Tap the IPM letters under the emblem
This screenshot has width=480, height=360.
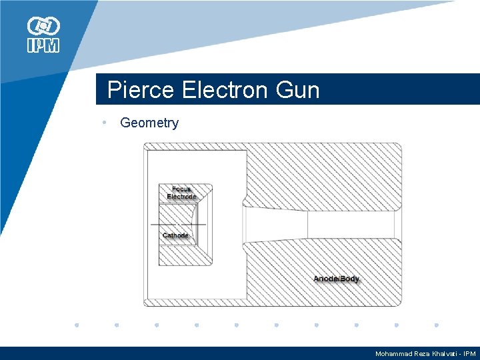click(x=43, y=45)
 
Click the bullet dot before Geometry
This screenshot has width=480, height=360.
click(x=105, y=123)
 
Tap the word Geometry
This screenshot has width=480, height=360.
click(x=149, y=123)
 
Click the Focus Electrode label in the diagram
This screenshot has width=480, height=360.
click(x=181, y=193)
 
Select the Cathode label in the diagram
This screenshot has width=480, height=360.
click(x=176, y=235)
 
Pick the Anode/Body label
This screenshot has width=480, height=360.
click(x=337, y=279)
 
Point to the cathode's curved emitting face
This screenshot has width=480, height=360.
click(x=195, y=225)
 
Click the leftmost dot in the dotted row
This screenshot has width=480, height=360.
click(x=77, y=326)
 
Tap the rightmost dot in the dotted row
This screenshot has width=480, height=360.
click(x=436, y=326)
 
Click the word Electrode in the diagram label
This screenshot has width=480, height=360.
click(x=181, y=197)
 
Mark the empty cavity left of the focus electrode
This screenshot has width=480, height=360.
click(x=153, y=267)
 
